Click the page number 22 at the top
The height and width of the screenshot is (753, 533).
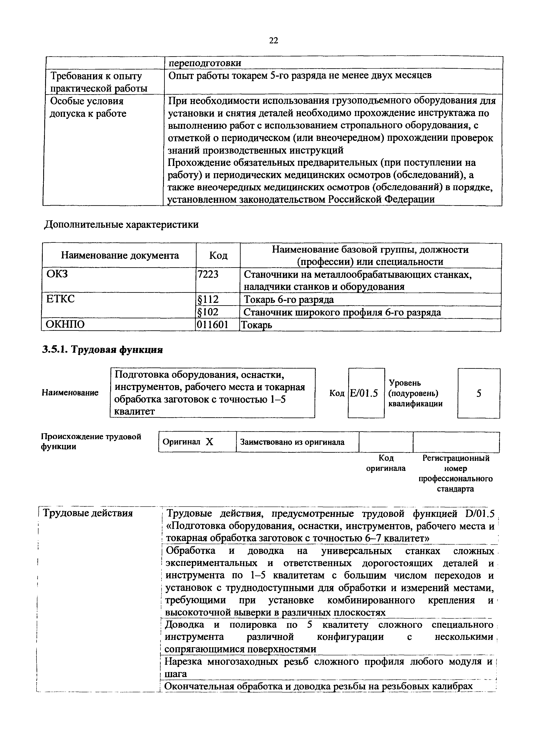click(273, 40)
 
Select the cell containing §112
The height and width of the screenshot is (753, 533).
click(208, 299)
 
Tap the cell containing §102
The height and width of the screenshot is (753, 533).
click(208, 312)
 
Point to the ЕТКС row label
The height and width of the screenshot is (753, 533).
click(61, 299)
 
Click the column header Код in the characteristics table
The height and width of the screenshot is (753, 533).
click(218, 255)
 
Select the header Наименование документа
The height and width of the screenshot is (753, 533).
click(120, 255)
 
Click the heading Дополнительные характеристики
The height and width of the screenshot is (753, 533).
click(121, 225)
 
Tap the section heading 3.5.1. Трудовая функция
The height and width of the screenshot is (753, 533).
click(103, 350)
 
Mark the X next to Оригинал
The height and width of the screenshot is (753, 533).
click(209, 442)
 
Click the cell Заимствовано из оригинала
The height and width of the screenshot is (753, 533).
click(292, 442)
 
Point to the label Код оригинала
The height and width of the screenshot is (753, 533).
click(386, 463)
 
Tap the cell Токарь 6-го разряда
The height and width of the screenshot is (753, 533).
click(289, 299)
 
